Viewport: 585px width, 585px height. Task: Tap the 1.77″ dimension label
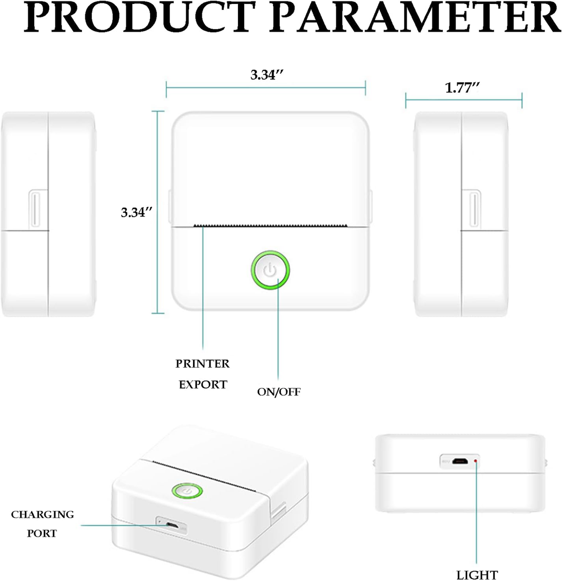[x=462, y=88]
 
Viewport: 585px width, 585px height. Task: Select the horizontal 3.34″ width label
[x=267, y=75]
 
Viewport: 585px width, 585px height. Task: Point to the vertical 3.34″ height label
[x=136, y=212]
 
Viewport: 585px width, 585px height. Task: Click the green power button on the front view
[x=270, y=270]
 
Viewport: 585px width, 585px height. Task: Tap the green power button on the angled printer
[x=187, y=491]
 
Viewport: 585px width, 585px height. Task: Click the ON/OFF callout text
[x=279, y=392]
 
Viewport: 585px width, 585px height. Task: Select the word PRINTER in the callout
[x=202, y=364]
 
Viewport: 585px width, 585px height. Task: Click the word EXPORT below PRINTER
[x=203, y=385]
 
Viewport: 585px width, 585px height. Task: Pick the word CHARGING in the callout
[x=42, y=515]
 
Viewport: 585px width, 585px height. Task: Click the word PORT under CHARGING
[x=42, y=533]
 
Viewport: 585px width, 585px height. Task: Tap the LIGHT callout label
[x=477, y=575]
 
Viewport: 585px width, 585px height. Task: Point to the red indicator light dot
[x=475, y=461]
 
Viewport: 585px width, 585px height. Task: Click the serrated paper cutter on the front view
[x=271, y=226]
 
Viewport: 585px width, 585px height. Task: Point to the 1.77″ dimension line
[x=464, y=100]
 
